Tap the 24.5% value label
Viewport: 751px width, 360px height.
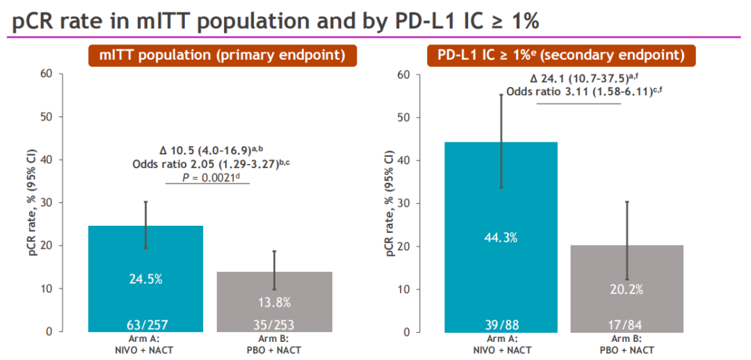(x=145, y=279)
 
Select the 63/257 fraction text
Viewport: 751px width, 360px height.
(x=145, y=323)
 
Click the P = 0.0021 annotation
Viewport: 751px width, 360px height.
(x=207, y=179)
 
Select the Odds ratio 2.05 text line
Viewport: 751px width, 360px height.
(x=207, y=164)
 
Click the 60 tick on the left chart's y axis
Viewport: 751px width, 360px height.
(x=46, y=74)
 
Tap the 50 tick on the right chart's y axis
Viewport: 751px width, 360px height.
(x=403, y=117)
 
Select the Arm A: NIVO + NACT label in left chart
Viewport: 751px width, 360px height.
(x=145, y=345)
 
